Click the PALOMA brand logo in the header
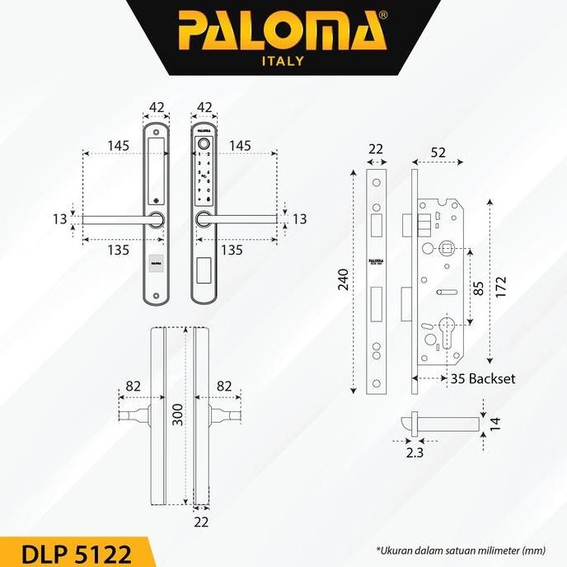pos(283,30)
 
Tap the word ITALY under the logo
pos(283,61)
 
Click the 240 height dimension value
pos(343,280)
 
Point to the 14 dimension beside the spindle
pos(494,424)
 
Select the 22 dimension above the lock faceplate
pos(375,149)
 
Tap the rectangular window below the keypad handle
pos(204,267)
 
